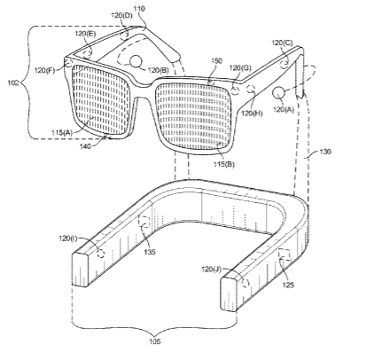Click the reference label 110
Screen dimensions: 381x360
pos(139,9)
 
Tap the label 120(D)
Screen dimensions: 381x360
pos(121,15)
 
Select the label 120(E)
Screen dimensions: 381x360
pos(85,34)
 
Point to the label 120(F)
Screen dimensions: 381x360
pos(44,70)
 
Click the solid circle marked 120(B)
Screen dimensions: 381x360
pos(136,61)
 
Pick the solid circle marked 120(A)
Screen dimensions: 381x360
pos(278,93)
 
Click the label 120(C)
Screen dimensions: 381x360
pos(282,43)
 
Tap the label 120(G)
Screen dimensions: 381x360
pos(240,68)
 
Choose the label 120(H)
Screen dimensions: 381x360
pos(252,113)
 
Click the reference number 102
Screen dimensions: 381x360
pos(13,82)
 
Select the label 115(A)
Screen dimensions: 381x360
pos(63,133)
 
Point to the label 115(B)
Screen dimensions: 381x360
pos(224,164)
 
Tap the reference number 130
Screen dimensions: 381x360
pos(325,152)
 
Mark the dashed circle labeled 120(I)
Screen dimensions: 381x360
pos(101,254)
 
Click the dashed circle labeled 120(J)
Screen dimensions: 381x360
pos(245,283)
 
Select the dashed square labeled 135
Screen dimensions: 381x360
pos(144,222)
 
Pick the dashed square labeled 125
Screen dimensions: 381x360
pos(284,254)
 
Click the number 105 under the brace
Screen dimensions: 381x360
pos(154,341)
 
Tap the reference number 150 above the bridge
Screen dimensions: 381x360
pos(217,61)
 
